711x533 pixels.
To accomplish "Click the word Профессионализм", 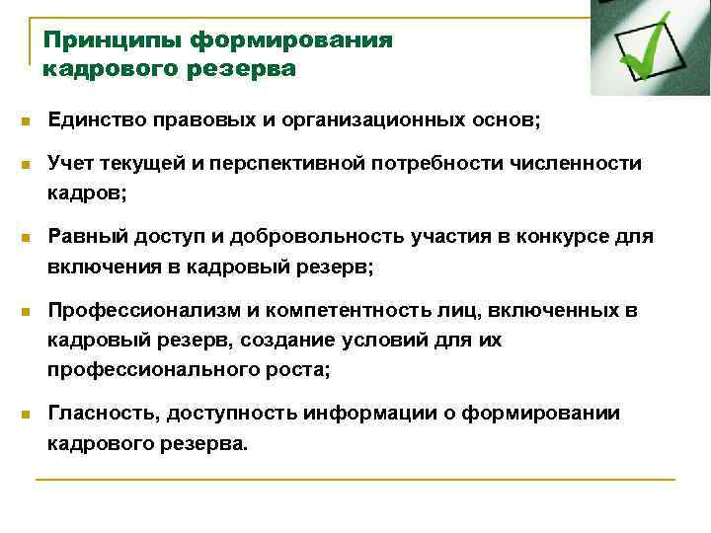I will coord(140,312).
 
